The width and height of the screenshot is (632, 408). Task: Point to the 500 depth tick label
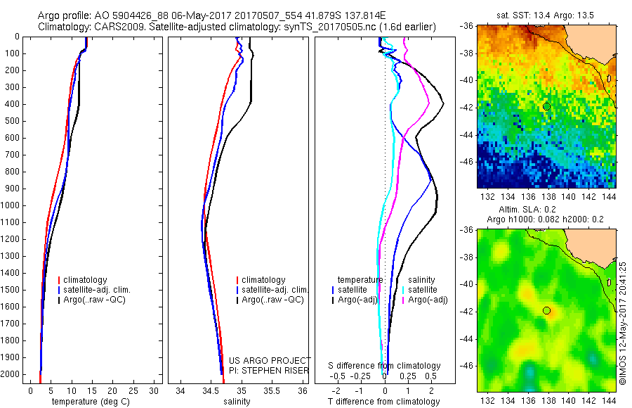pyautogui.click(x=13, y=121)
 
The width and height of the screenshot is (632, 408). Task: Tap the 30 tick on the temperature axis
pyautogui.click(x=154, y=390)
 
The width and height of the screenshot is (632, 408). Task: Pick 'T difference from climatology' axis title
pyautogui.click(x=383, y=402)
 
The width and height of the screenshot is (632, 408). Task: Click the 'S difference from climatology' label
pyautogui.click(x=385, y=366)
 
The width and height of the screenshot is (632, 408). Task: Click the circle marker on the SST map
pyautogui.click(x=546, y=106)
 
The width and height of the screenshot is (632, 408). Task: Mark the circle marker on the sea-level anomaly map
pyautogui.click(x=546, y=310)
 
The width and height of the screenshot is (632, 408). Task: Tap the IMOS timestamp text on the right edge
pyautogui.click(x=622, y=320)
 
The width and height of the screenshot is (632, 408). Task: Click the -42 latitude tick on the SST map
pyautogui.click(x=467, y=107)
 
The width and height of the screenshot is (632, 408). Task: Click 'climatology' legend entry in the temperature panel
pyautogui.click(x=86, y=280)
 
